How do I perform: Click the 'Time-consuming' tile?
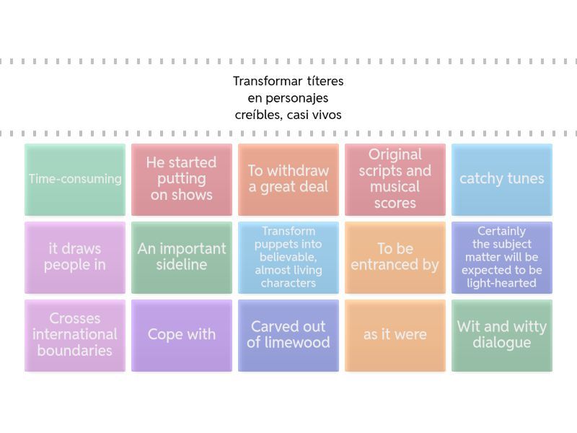tap(75, 179)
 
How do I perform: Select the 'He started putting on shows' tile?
tap(182, 179)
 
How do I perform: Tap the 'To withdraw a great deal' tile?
tap(288, 179)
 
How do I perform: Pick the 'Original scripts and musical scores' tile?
tap(395, 179)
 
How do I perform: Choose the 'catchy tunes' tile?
tap(502, 179)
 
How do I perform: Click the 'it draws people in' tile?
tap(75, 257)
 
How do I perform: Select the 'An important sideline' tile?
tap(182, 257)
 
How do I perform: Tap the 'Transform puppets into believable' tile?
tap(288, 257)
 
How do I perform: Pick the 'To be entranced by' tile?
tap(395, 257)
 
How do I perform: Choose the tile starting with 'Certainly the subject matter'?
tap(502, 257)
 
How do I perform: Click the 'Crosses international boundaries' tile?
tap(75, 335)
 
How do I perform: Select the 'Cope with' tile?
tap(182, 335)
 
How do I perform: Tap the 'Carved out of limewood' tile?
tap(288, 335)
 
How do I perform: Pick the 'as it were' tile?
tap(395, 335)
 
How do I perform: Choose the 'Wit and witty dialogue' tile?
tap(502, 335)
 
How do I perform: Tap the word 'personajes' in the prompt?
tap(297, 98)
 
